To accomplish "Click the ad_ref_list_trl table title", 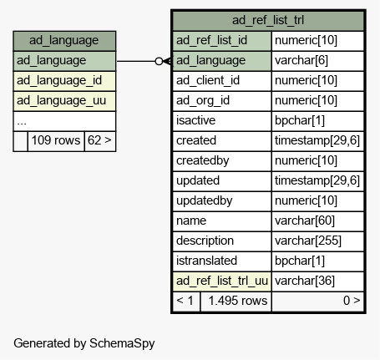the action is (x=268, y=20).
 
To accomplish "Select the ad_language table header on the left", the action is (x=64, y=41).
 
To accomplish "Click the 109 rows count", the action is (x=56, y=140).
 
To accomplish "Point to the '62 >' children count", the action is (x=99, y=140).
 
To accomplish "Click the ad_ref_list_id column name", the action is (x=211, y=41).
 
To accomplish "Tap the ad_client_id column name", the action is (x=208, y=81).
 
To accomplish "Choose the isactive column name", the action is (x=195, y=121).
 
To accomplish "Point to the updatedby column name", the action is (x=204, y=201).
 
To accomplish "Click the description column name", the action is (x=205, y=241).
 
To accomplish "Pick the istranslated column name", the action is (x=206, y=261).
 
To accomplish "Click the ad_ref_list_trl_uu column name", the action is (x=222, y=281).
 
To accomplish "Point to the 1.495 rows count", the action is (x=238, y=302).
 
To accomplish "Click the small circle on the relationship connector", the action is (x=159, y=61).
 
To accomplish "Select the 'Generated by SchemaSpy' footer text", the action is (x=84, y=343).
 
